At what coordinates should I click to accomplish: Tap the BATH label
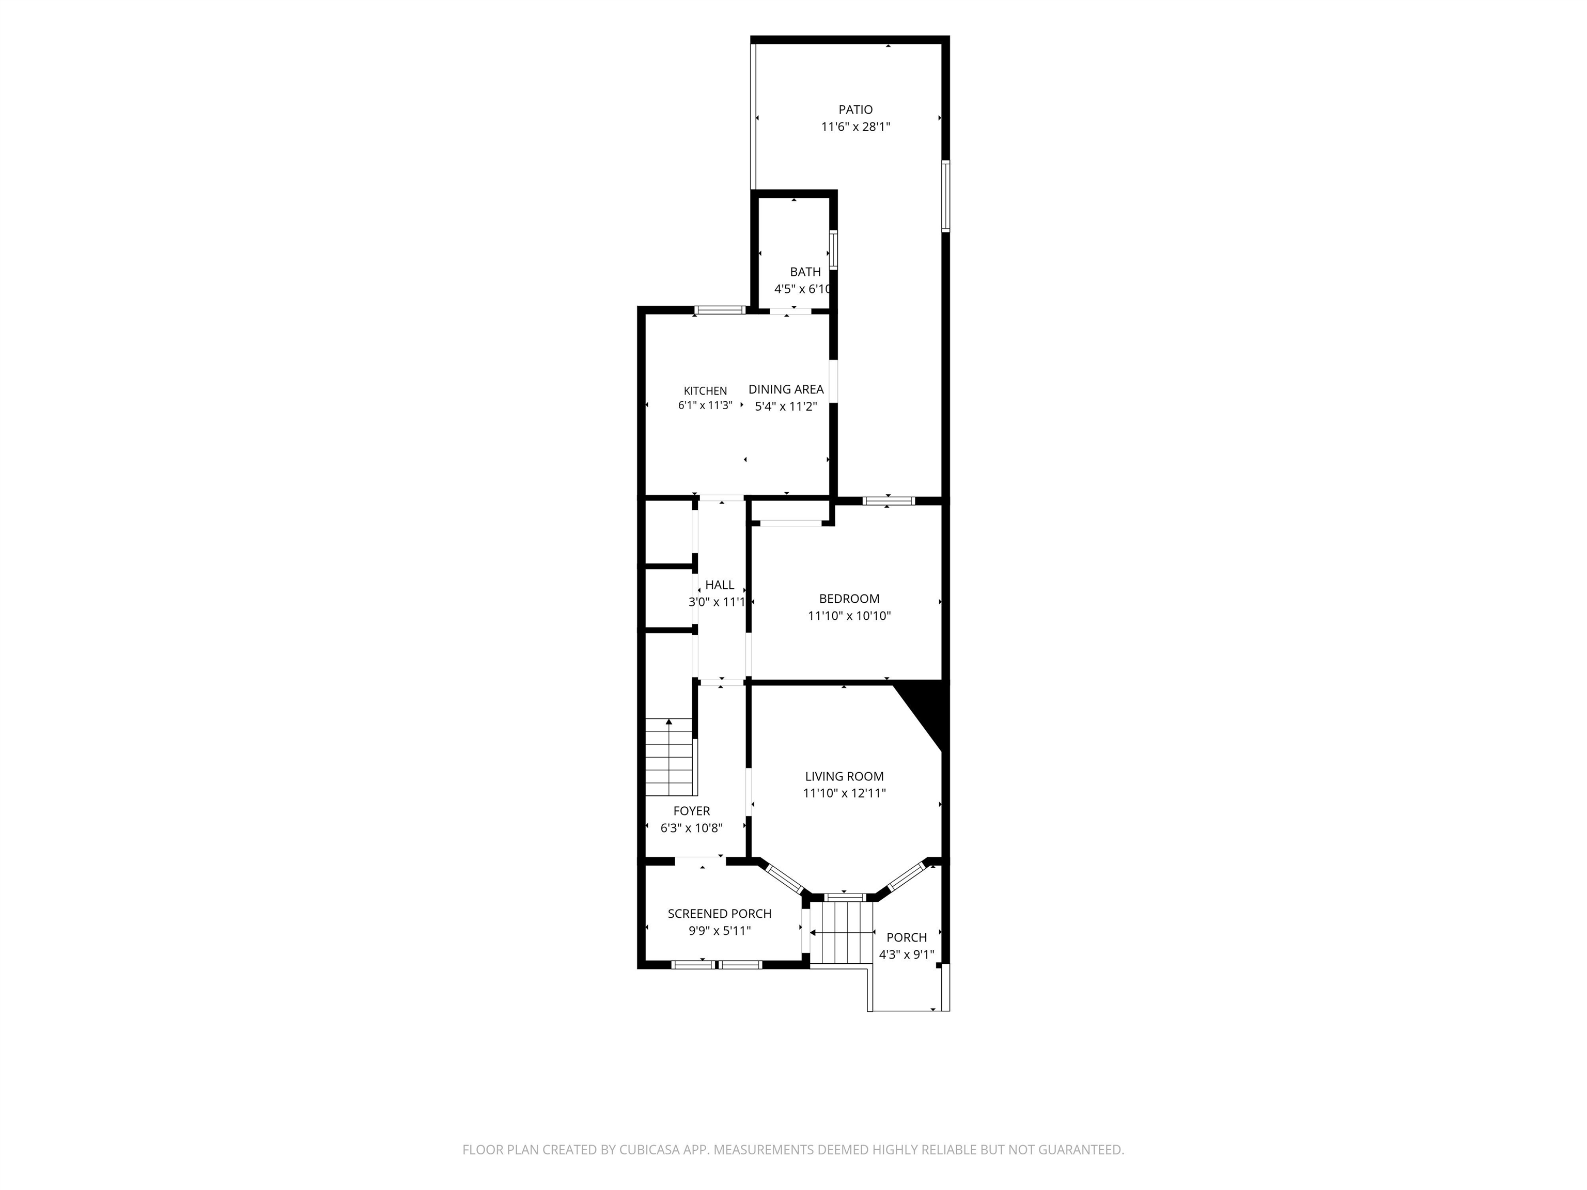coord(805,272)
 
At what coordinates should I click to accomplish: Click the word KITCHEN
coord(705,391)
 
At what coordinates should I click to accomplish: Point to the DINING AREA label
coord(786,389)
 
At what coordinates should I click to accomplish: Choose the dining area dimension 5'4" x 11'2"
coord(786,406)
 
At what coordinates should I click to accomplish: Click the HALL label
coord(720,585)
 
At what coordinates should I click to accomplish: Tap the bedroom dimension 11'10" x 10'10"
coord(849,616)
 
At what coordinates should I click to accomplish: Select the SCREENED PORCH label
coord(720,913)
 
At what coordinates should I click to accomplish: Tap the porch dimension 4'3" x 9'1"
coord(906,954)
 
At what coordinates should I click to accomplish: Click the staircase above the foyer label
coord(671,758)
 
